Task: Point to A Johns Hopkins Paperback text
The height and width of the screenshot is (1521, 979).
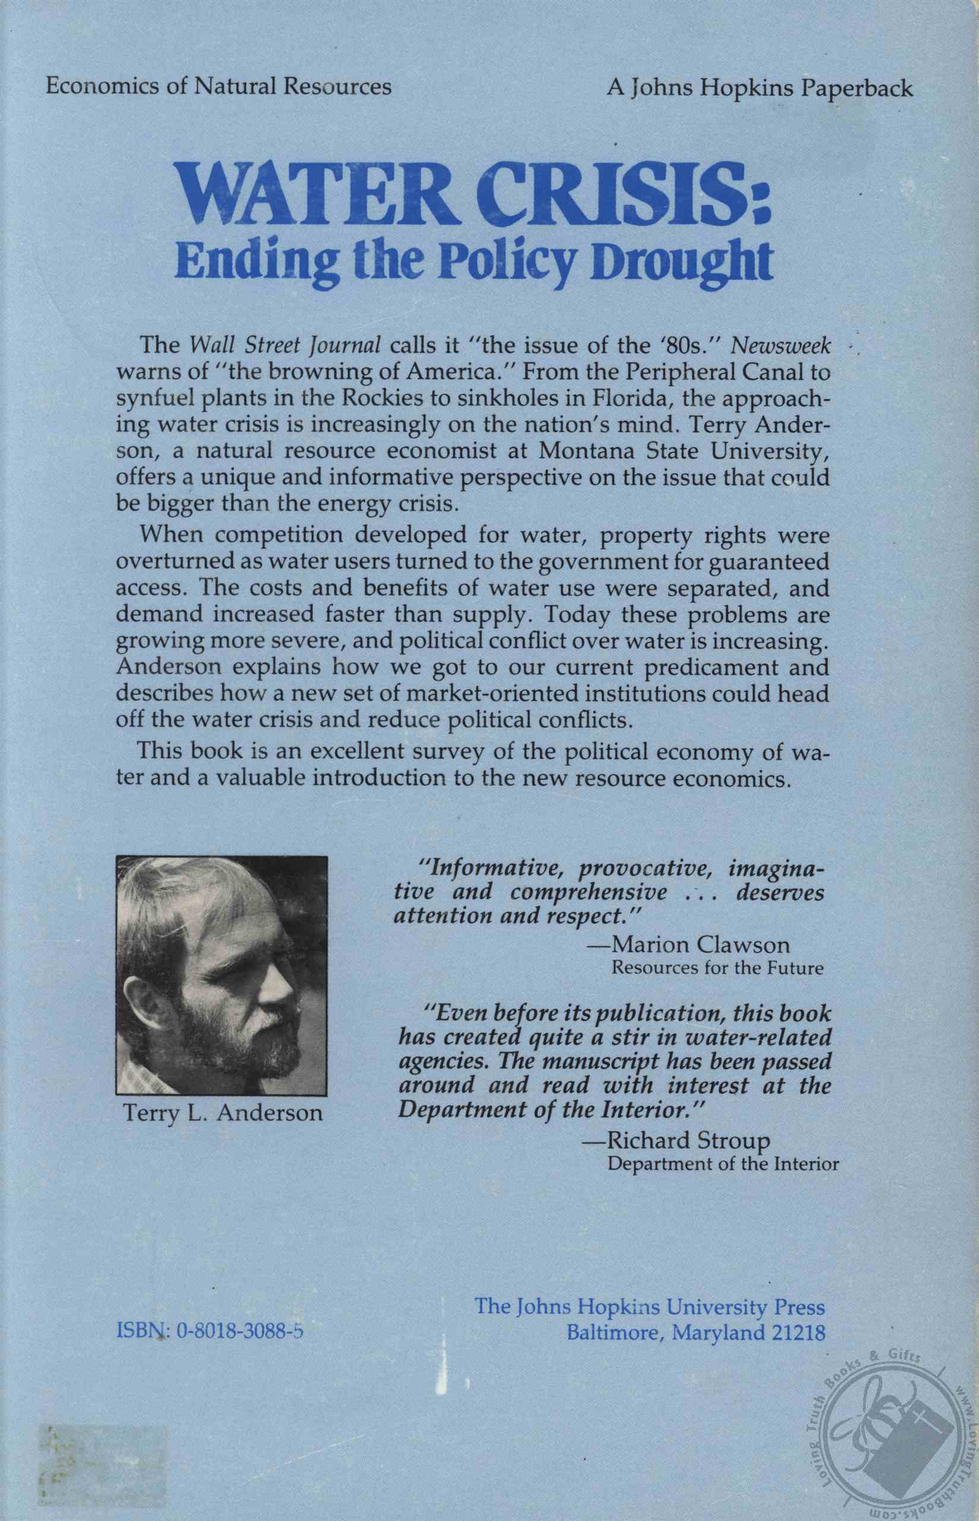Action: (760, 87)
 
